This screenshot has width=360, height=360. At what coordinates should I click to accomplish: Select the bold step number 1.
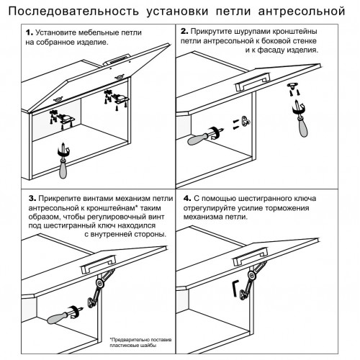click(x=29, y=33)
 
